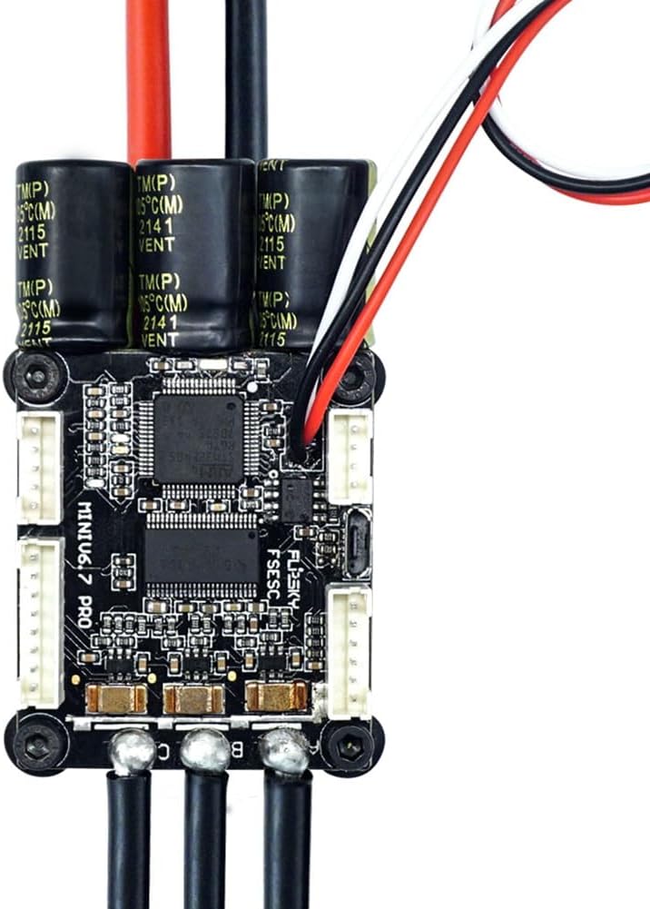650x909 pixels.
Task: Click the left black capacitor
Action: coord(73,254)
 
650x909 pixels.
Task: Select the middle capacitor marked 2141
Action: coord(193,254)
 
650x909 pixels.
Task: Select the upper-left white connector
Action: coord(40,467)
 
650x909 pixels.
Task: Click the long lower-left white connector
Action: coord(40,623)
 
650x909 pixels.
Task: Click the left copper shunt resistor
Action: coord(116,697)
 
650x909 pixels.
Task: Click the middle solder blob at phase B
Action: coord(205,751)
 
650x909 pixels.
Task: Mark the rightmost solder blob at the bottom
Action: coord(284,752)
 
